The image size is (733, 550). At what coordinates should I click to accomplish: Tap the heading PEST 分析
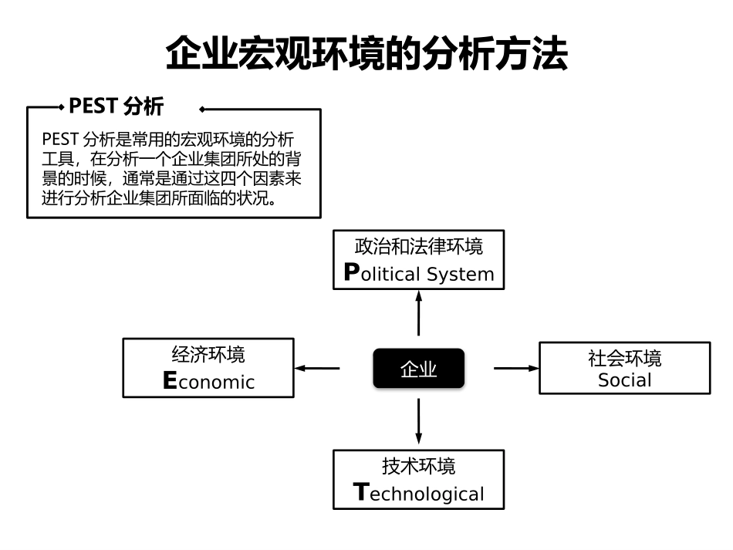click(x=116, y=106)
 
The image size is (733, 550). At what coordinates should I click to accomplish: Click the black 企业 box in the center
click(x=419, y=369)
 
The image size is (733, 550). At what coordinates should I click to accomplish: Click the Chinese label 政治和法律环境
click(x=419, y=247)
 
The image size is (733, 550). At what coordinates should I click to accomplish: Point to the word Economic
click(x=209, y=381)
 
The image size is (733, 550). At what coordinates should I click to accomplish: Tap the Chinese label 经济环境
click(x=208, y=355)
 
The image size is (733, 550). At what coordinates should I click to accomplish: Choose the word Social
click(x=625, y=380)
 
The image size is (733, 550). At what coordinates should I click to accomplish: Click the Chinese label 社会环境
click(x=625, y=359)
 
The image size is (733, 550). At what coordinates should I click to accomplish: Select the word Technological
click(x=419, y=494)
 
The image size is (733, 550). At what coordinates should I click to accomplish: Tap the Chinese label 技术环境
click(x=419, y=467)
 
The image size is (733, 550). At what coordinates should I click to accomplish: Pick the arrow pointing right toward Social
click(x=516, y=369)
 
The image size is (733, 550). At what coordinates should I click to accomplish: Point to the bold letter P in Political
click(x=352, y=273)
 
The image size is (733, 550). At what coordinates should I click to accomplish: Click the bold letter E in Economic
click(x=171, y=381)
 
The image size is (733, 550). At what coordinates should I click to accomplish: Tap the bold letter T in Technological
click(x=360, y=493)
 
